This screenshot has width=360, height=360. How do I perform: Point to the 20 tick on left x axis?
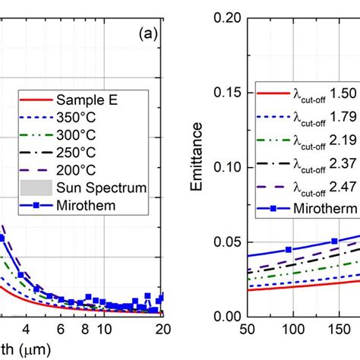(x=161, y=329)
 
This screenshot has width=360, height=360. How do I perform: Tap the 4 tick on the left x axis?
(x=27, y=329)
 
